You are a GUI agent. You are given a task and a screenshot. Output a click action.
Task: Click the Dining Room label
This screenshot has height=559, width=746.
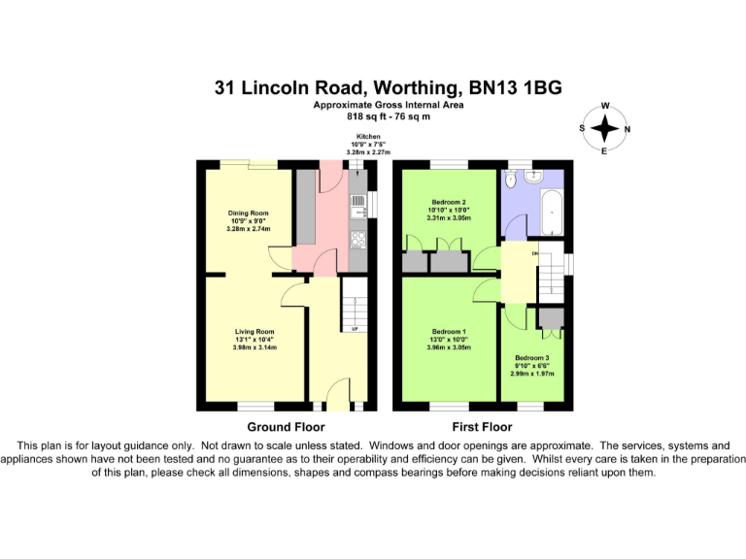[x=247, y=213]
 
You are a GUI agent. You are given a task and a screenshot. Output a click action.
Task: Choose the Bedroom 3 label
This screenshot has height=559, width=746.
[x=531, y=357]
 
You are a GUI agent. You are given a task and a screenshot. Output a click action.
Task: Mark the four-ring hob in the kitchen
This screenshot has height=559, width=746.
[x=356, y=240]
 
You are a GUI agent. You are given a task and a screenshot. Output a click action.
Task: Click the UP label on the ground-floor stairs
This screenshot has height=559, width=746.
[x=355, y=330]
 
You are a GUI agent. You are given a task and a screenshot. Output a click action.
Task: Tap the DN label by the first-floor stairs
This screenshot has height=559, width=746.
[x=534, y=254]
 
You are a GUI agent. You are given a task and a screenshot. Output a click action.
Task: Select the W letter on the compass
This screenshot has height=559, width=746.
[x=605, y=107]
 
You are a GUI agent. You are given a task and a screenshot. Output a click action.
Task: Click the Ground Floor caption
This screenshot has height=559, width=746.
[x=286, y=427]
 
